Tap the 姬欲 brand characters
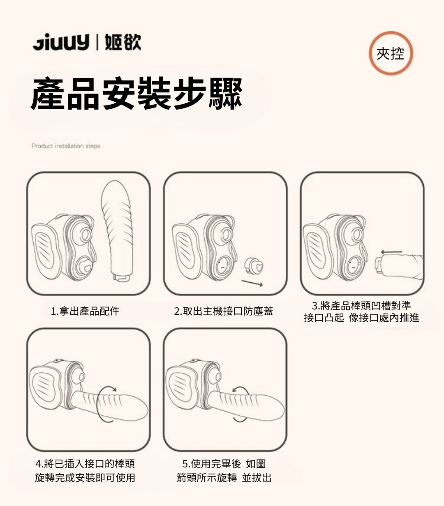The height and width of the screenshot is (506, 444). pos(123,42)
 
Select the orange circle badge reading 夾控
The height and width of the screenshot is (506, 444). pos(391,53)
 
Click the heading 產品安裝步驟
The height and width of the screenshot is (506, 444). pos(136,94)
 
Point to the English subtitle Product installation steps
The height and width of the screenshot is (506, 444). pos(66,146)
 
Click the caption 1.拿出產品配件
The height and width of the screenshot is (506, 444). pos(85,311)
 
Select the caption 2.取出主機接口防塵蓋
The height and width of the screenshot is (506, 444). pos(224,311)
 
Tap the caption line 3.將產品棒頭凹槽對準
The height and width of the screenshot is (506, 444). pos(361,306)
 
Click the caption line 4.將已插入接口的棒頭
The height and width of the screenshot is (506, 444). pos(85,464)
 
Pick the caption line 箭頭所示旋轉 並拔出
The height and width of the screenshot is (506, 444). pos(224,478)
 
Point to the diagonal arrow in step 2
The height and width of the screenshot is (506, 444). pos(252,283)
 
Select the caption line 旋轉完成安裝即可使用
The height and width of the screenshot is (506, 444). pos(85,478)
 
